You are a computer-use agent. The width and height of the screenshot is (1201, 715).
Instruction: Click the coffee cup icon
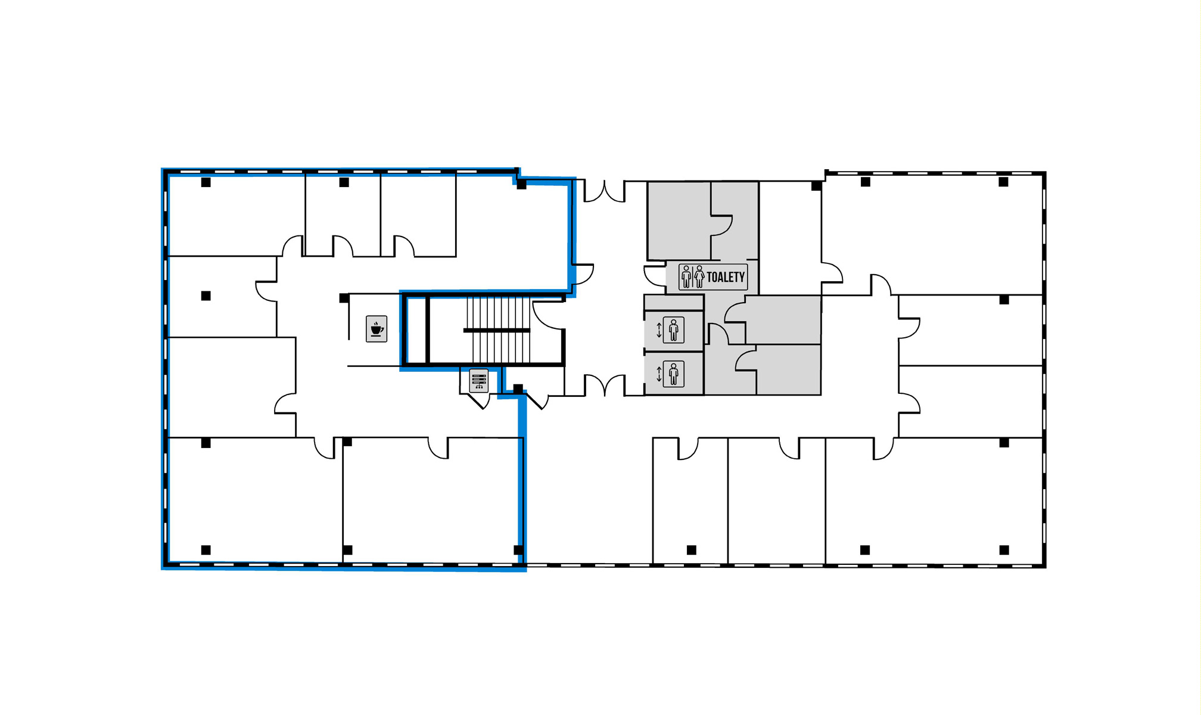377,329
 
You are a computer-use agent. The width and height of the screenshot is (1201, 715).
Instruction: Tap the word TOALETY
726,277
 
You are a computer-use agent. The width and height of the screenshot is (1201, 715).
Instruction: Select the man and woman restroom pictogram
692,277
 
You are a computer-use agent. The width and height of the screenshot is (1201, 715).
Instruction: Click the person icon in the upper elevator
673,330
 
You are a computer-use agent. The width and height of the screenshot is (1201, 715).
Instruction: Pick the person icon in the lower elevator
673,374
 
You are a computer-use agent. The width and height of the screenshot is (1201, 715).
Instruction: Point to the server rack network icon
479,381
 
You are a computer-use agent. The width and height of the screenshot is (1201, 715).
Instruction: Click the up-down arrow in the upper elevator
659,330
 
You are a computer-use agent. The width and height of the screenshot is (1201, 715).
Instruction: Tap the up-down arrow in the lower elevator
659,374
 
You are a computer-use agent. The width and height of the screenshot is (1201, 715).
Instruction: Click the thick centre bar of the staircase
497,330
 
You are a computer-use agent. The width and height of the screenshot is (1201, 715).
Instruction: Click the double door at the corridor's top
604,191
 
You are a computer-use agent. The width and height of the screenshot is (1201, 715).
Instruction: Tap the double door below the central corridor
604,385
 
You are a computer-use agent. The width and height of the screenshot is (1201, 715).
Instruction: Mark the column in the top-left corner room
206,182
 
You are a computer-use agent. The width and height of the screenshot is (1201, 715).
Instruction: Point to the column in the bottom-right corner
1004,550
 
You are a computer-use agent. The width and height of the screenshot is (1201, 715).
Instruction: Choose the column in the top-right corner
1003,182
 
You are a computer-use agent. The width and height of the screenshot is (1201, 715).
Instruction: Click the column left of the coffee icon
344,298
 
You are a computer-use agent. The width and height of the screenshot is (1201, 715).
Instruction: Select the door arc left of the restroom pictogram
654,276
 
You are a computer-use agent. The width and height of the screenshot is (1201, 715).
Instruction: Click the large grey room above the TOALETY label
679,220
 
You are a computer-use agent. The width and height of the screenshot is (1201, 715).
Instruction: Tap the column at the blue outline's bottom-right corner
518,550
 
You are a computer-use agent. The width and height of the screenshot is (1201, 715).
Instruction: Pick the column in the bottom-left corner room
206,550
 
